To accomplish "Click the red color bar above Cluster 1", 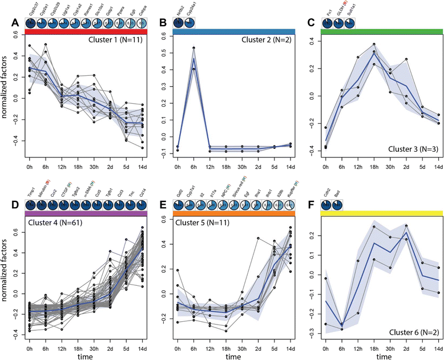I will (86, 32).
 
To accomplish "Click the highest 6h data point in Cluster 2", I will (194, 48).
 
